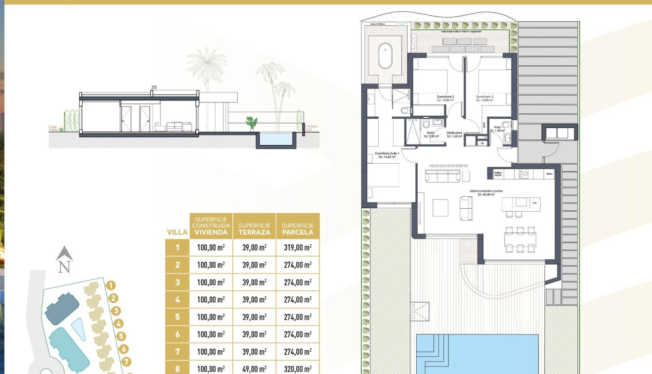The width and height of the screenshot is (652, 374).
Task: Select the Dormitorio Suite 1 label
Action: [x=387, y=155]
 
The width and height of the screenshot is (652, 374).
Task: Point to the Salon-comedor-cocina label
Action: [x=486, y=192]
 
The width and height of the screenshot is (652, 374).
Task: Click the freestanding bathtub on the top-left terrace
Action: [x=385, y=56]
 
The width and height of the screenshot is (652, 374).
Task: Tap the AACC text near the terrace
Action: [x=414, y=43]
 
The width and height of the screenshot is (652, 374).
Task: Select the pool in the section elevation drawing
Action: [x=276, y=139]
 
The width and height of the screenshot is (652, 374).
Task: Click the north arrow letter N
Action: [x=64, y=267]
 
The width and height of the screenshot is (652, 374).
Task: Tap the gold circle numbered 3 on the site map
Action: [x=116, y=311]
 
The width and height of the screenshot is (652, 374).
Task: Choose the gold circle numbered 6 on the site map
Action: [x=124, y=349]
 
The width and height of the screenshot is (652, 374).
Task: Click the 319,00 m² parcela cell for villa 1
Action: [x=298, y=247]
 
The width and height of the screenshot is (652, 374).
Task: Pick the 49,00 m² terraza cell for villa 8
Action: [x=254, y=369]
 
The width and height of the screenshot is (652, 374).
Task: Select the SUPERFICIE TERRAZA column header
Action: [x=254, y=229]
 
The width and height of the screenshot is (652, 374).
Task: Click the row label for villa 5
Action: [x=177, y=317]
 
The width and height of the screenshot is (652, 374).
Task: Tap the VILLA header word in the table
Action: [x=177, y=232]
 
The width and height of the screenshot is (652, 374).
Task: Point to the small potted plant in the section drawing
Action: [x=252, y=122]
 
